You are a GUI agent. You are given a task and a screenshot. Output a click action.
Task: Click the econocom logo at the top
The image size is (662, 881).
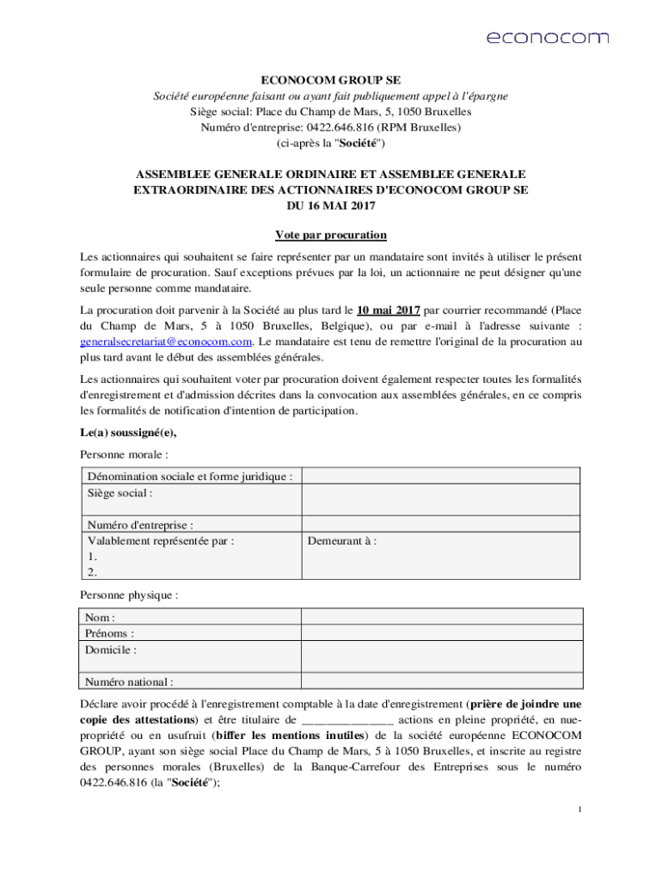[x=548, y=37]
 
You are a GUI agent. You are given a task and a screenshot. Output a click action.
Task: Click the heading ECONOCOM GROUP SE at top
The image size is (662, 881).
[x=330, y=80]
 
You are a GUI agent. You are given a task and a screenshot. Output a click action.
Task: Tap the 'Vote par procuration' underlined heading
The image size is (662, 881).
[x=330, y=235]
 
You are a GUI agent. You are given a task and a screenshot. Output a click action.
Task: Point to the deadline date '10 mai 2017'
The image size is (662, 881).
[x=388, y=309]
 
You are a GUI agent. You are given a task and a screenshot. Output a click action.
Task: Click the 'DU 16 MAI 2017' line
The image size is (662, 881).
[x=330, y=206]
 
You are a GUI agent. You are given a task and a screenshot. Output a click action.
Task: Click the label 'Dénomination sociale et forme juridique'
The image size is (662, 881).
[x=189, y=477]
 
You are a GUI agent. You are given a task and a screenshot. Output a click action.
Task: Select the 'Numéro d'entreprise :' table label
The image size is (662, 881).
[x=140, y=525]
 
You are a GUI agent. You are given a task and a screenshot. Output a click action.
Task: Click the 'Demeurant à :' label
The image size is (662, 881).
[x=341, y=541]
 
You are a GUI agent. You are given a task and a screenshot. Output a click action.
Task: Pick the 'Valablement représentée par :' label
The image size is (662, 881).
[x=161, y=541]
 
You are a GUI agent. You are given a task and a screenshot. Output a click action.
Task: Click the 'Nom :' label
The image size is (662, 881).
[x=100, y=618]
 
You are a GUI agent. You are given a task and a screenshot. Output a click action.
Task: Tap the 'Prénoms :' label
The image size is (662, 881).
[x=109, y=634]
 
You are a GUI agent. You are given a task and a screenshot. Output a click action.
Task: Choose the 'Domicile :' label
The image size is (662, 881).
[x=111, y=650]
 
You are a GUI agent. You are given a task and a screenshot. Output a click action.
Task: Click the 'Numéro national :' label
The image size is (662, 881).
[x=129, y=682]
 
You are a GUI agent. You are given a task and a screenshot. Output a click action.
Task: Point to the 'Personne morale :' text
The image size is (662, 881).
[x=124, y=454]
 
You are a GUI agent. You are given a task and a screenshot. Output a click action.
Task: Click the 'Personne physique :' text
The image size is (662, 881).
[x=129, y=595]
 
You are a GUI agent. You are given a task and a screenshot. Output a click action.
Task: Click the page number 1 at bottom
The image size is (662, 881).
[x=580, y=810]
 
